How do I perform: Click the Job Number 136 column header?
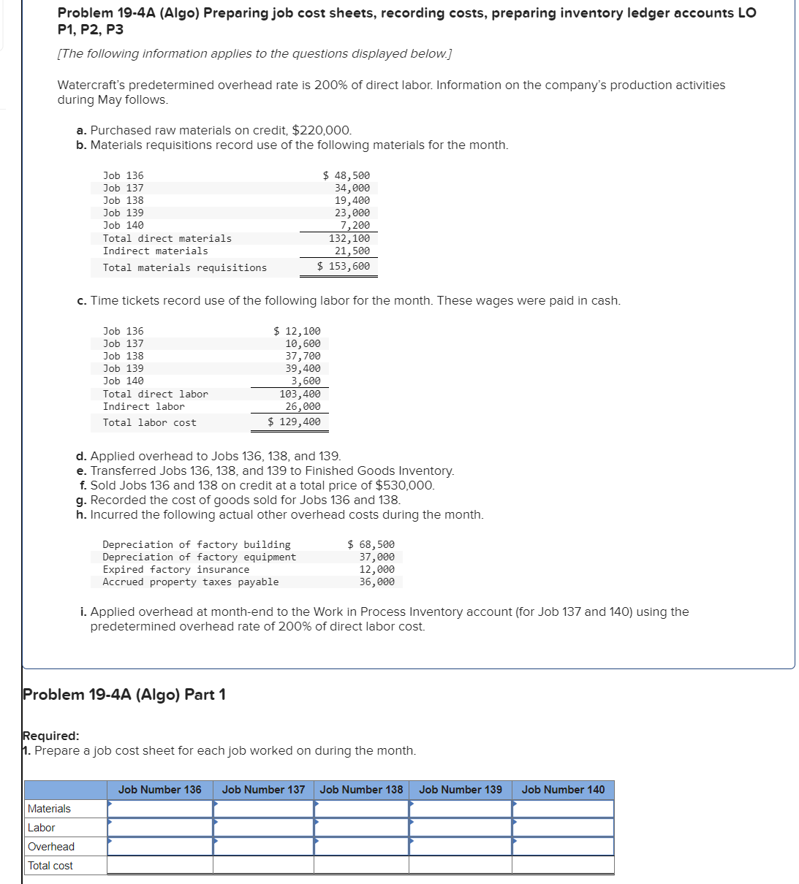159,790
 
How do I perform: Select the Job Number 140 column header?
563,790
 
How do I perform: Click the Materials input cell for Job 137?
263,809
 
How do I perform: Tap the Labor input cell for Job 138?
361,828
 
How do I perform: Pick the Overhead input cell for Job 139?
461,847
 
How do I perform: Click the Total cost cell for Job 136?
159,866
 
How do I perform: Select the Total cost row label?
50,866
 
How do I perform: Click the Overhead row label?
51,847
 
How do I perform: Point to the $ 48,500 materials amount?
347,175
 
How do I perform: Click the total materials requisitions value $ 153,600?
344,266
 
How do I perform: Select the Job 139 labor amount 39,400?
303,368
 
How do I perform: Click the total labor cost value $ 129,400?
294,422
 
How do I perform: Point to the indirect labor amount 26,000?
303,406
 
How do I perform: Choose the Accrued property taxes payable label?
190,582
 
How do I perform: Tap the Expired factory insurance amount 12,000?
376,569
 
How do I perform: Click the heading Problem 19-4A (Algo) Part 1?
124,694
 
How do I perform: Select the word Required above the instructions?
50,736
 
